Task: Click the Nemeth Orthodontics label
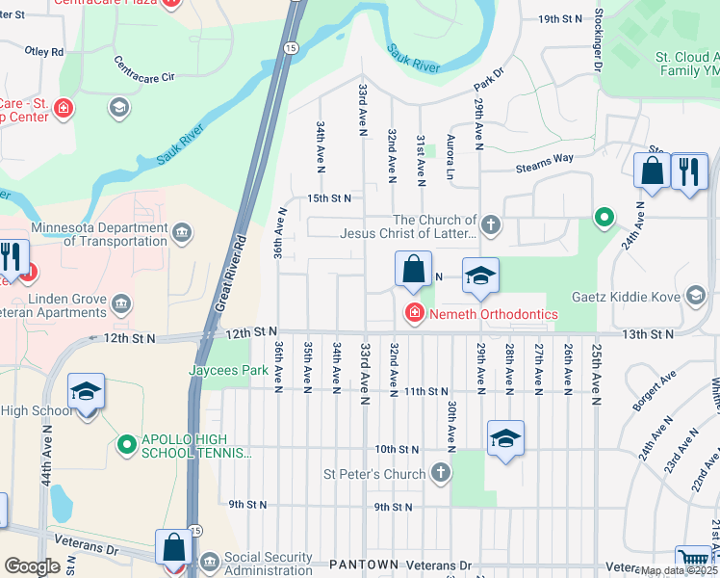493,314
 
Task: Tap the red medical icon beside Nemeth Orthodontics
414,313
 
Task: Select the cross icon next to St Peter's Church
440,473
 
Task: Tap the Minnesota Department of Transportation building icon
181,233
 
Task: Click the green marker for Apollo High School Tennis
125,445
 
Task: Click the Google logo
32,566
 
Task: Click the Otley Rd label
43,52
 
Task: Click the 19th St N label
561,19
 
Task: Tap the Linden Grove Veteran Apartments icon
121,305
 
